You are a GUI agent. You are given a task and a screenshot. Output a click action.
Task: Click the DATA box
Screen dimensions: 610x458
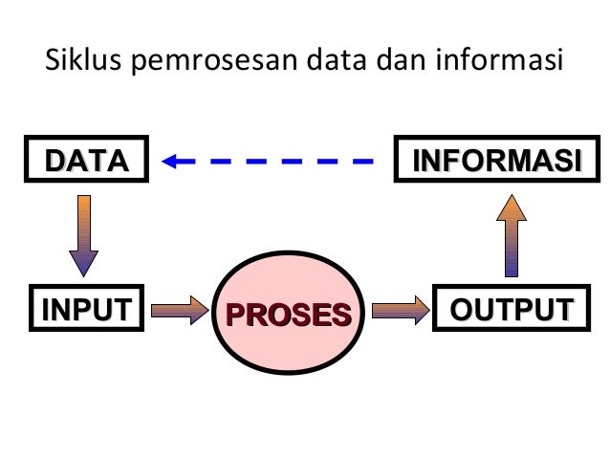tap(87, 160)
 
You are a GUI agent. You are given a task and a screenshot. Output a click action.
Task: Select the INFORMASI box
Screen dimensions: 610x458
tap(495, 160)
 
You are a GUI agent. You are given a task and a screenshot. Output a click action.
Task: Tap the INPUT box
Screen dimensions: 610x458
tap(84, 309)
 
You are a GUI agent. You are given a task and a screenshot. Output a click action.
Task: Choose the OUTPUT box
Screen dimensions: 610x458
tap(510, 309)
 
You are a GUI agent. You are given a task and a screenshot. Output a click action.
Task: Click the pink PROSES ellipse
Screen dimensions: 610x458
tap(288, 313)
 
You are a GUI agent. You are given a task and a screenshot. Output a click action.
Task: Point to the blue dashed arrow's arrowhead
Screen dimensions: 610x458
tap(173, 161)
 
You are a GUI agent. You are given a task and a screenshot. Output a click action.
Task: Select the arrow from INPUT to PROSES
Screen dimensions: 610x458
tap(180, 309)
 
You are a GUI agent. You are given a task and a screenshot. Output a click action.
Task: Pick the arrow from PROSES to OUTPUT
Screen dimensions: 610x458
tap(400, 309)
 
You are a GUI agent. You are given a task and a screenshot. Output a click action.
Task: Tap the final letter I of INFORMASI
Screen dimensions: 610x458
tap(577, 160)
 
